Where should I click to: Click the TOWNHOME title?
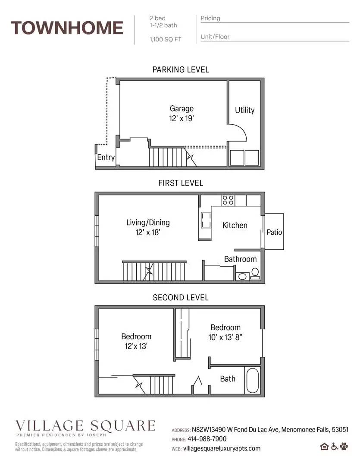(x=67, y=28)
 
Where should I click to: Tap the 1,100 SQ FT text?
(x=165, y=39)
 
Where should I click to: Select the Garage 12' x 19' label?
(x=181, y=113)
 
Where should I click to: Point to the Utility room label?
(x=244, y=110)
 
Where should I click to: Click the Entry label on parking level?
(x=106, y=157)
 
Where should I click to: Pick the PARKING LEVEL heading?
(x=181, y=69)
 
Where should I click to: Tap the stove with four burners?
(x=228, y=200)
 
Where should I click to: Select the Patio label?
(x=274, y=232)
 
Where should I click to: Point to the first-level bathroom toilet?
(x=255, y=272)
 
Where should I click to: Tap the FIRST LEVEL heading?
(x=181, y=183)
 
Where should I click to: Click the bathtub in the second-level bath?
(x=253, y=380)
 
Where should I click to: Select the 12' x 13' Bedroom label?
(x=136, y=341)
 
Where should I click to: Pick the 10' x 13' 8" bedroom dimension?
(x=225, y=337)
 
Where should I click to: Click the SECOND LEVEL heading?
(x=181, y=297)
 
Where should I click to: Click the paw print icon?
(x=344, y=446)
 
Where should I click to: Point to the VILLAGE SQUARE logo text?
(x=85, y=425)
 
